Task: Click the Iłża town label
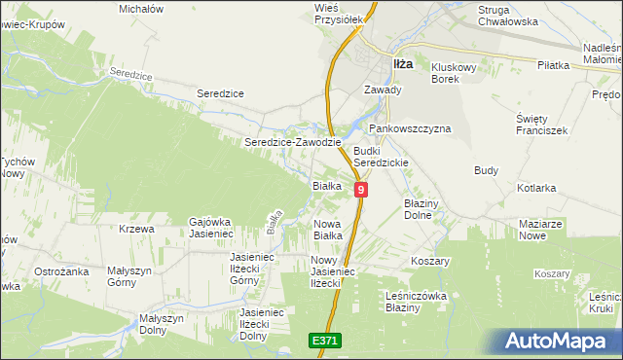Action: (x=402, y=64)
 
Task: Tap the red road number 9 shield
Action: (x=361, y=191)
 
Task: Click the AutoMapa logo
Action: (x=563, y=342)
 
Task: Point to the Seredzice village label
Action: (x=220, y=92)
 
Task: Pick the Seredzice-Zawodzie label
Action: (x=292, y=142)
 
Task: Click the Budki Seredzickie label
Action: (x=381, y=158)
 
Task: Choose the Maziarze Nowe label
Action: (x=541, y=230)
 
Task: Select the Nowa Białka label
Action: (x=327, y=230)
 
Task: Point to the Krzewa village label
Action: (x=136, y=230)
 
